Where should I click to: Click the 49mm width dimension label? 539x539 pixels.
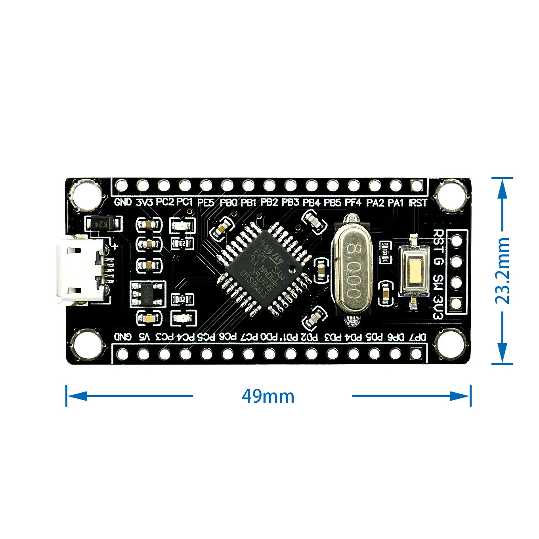[x=268, y=396]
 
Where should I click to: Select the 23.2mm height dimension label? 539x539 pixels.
[x=503, y=271]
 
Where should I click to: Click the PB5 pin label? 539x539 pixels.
[x=332, y=203]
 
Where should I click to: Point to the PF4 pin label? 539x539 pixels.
[x=353, y=203]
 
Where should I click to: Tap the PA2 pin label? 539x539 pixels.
[x=375, y=203]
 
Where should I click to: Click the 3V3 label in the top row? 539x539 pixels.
[x=144, y=202]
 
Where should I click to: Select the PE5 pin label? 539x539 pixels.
[x=206, y=203]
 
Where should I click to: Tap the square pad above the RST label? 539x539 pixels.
[x=417, y=185]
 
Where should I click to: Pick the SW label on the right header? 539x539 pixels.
[x=438, y=282]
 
